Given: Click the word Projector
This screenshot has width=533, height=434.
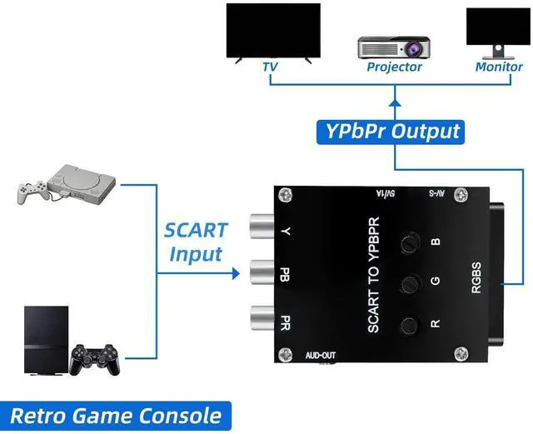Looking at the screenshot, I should (x=394, y=67).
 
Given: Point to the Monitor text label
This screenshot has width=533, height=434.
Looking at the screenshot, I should (x=499, y=67).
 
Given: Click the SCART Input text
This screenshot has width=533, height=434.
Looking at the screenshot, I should (x=195, y=242).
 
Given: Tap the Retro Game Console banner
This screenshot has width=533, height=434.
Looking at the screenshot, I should (x=116, y=414).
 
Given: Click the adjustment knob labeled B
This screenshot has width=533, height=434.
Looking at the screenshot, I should (x=408, y=243).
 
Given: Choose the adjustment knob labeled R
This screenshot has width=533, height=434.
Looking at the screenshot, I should (x=408, y=325).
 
